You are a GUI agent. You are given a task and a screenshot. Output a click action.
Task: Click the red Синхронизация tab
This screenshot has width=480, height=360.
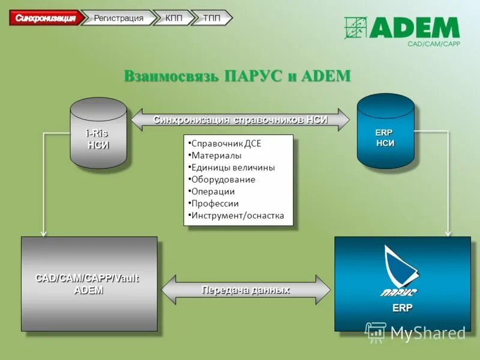46,18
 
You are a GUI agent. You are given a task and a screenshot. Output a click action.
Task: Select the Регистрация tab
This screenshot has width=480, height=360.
118,18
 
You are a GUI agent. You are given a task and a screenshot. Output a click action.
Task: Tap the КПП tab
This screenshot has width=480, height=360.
174,18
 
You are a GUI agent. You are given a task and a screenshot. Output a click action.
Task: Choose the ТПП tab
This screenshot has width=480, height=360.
211,18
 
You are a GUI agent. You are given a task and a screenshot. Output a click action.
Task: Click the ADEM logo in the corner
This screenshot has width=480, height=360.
402,28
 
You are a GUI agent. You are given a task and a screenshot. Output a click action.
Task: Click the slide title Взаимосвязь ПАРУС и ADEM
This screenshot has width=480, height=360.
237,76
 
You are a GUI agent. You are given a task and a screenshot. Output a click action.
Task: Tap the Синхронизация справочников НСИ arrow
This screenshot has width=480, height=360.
240,119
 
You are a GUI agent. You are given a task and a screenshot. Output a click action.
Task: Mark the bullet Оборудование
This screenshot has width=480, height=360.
223,179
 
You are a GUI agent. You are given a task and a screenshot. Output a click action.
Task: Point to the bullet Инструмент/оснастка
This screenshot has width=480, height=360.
238,215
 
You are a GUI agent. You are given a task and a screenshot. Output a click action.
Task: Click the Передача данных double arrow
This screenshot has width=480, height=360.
245,290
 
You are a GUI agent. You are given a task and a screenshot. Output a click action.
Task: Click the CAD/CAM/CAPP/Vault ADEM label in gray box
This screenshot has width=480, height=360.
88,284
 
